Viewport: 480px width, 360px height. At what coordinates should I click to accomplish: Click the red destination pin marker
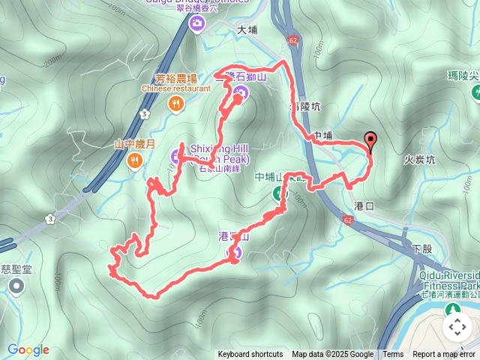[x=370, y=140]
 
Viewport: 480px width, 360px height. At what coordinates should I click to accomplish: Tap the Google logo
[x=28, y=349]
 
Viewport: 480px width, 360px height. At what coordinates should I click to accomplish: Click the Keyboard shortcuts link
[x=250, y=355]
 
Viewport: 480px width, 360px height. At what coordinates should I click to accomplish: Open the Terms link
[x=393, y=355]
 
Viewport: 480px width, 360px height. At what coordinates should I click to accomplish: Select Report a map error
[x=445, y=355]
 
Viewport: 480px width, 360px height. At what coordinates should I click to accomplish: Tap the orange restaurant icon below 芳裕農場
[x=175, y=104]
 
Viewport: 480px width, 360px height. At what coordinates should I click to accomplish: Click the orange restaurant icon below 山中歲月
[x=135, y=159]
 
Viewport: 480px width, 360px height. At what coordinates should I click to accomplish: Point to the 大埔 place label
[x=247, y=31]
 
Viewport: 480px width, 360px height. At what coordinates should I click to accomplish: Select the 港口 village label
[x=364, y=205]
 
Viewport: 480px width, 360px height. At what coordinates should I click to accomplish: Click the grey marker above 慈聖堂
[x=16, y=286]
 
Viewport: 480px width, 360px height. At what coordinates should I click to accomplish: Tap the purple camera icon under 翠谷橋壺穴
[x=196, y=24]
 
